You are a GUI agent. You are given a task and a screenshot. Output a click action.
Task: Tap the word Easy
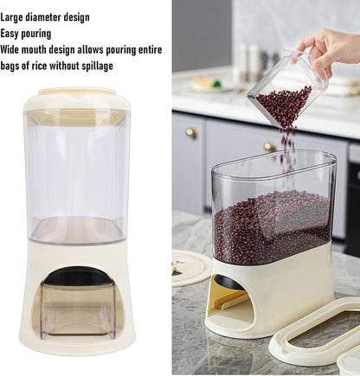12,33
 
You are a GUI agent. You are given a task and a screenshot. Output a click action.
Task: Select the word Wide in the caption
13,49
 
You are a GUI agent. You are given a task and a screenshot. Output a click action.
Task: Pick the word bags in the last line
12,66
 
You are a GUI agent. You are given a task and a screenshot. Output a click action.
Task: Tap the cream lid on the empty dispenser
77,102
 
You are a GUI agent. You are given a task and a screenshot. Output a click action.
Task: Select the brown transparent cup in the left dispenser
77,311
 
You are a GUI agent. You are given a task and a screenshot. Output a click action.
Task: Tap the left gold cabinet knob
191,133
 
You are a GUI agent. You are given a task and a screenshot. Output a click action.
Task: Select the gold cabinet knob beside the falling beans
271,147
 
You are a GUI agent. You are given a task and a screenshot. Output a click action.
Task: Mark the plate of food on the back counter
208,84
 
